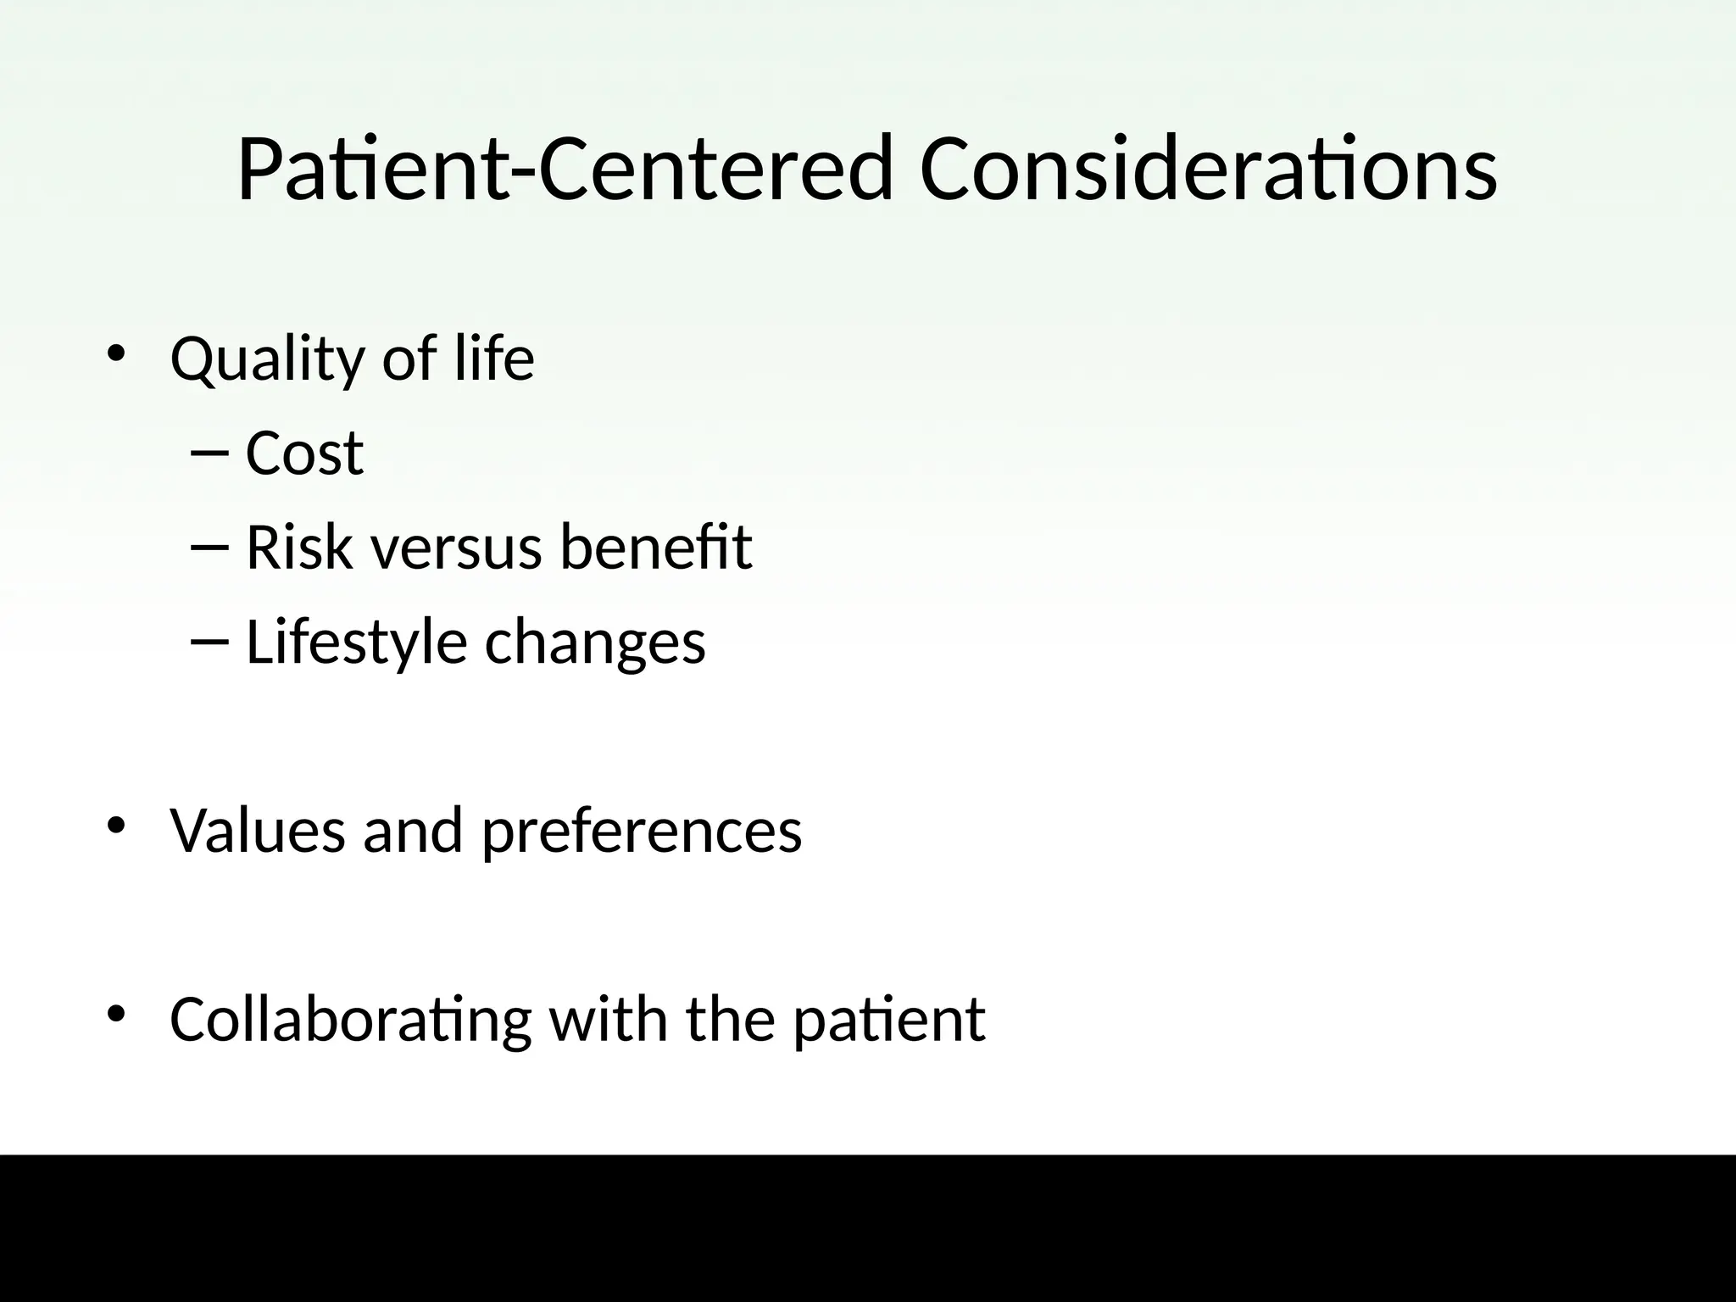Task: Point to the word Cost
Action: click(304, 453)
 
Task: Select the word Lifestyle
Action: click(356, 643)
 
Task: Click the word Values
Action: click(258, 830)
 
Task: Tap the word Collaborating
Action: click(350, 1020)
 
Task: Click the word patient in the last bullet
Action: click(889, 1020)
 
